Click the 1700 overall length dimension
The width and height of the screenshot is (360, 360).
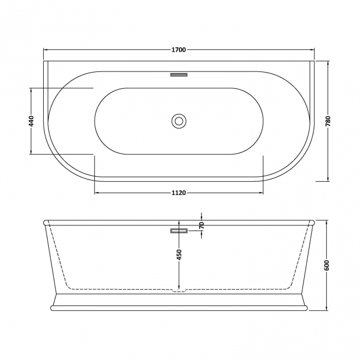tap(178, 50)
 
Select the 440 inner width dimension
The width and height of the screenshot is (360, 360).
tap(32, 121)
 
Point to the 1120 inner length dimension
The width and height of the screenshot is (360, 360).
tap(178, 193)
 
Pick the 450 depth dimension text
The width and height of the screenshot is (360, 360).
tap(178, 254)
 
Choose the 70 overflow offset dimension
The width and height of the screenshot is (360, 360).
tap(202, 225)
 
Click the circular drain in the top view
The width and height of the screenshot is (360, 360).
tap(179, 120)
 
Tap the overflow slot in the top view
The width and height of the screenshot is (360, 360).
tap(179, 73)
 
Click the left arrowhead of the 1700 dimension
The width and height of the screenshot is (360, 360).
tap(46, 50)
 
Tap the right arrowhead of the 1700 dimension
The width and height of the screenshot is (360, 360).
tap(312, 50)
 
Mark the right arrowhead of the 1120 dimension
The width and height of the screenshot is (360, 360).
tap(260, 193)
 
